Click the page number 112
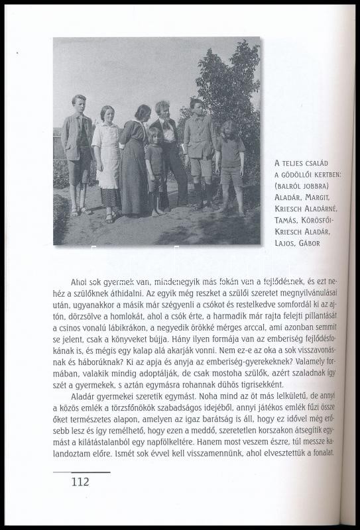(x=80, y=482)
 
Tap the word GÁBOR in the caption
(x=310, y=243)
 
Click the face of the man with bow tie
(x=162, y=110)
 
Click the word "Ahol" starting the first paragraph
(x=80, y=282)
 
